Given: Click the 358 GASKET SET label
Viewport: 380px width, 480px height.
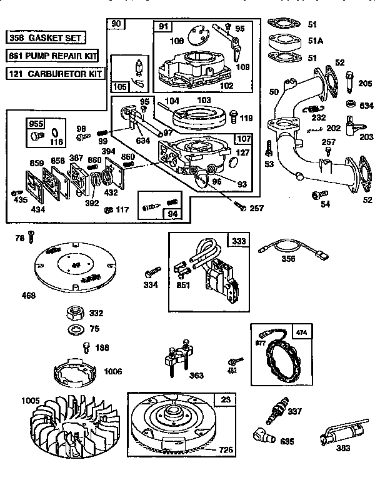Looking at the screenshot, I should pyautogui.click(x=46, y=38).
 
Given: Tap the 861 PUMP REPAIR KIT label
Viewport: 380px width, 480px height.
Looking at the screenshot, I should pyautogui.click(x=53, y=56).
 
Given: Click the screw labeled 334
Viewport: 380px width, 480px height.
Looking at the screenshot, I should pyautogui.click(x=152, y=272).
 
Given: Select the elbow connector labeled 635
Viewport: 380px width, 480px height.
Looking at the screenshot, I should pyautogui.click(x=262, y=434).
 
